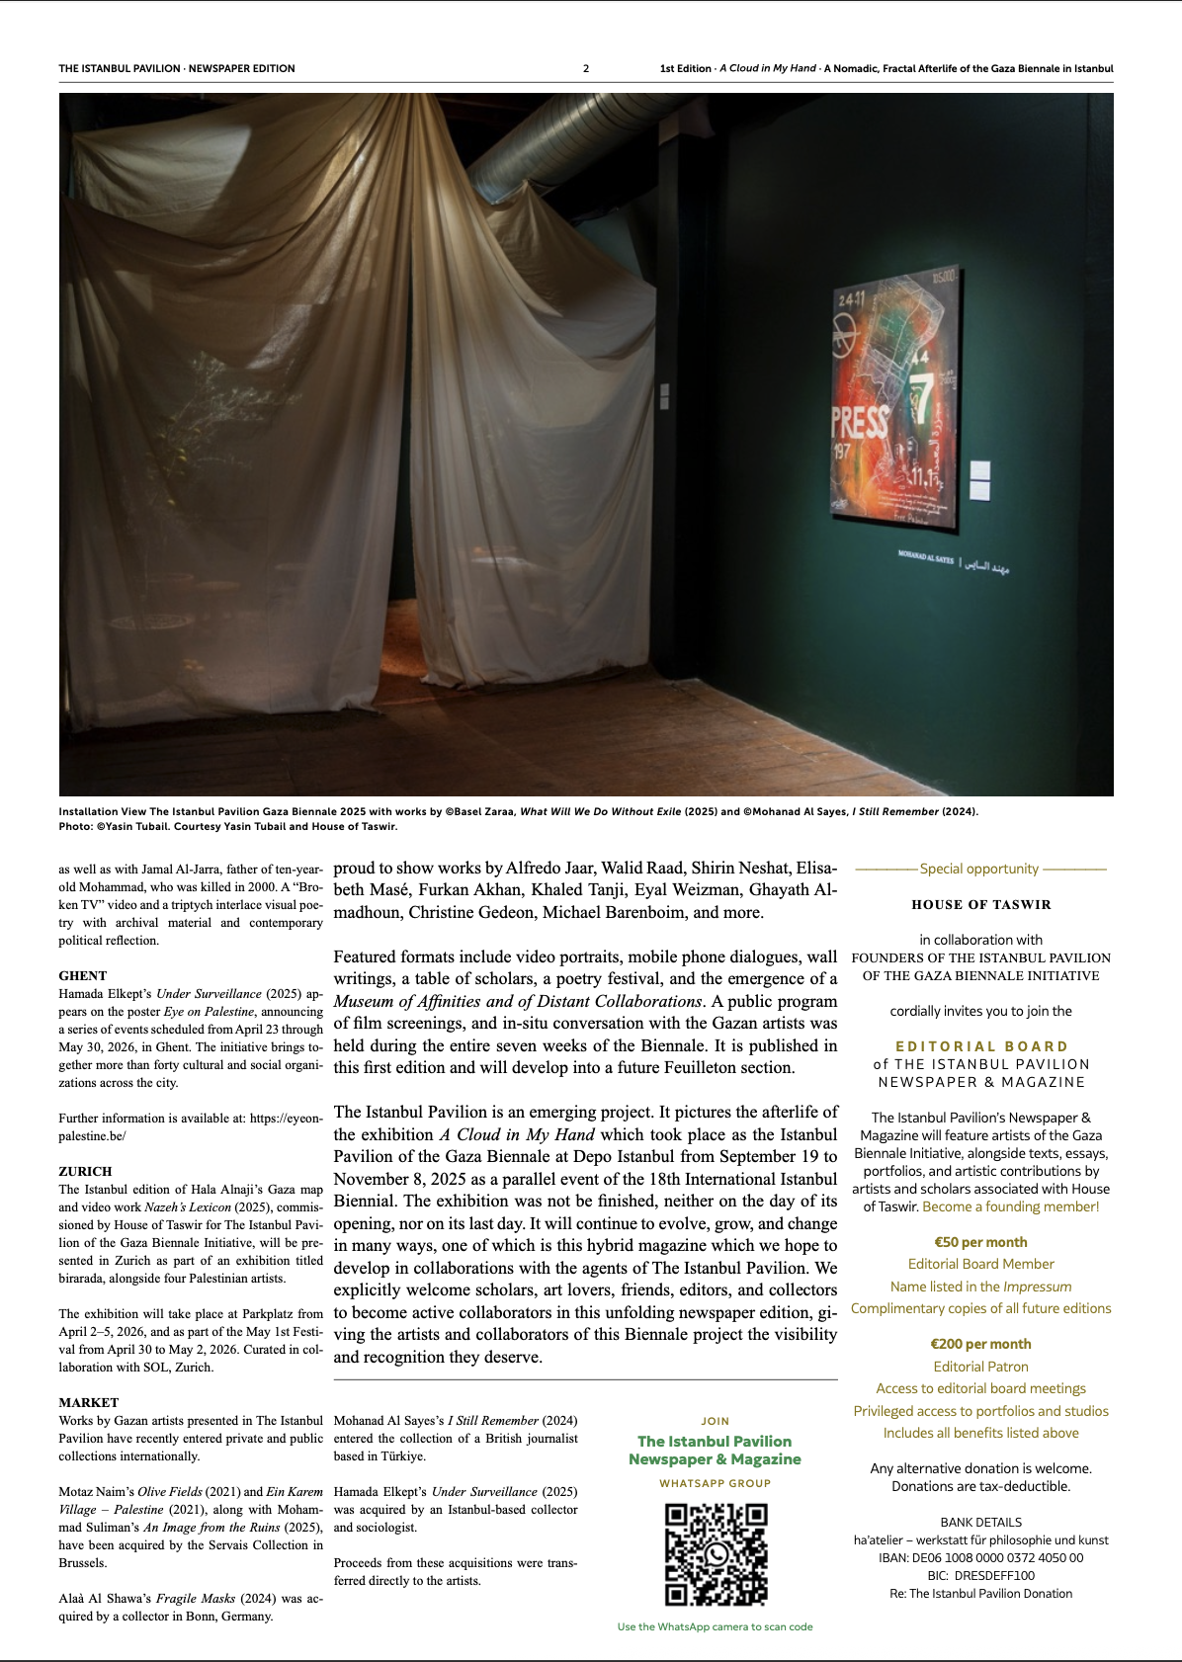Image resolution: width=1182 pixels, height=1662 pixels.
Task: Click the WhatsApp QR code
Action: point(716,1554)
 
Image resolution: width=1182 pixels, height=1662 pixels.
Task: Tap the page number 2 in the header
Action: point(586,68)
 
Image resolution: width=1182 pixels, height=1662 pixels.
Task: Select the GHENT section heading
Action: point(83,975)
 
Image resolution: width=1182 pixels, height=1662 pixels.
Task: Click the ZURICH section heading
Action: point(85,1171)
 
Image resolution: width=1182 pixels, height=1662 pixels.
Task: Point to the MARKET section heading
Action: point(88,1402)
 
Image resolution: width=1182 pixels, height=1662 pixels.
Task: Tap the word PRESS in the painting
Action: point(859,422)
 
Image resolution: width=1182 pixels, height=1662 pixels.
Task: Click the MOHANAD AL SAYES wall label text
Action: point(926,558)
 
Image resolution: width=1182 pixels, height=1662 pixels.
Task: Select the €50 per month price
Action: point(980,1242)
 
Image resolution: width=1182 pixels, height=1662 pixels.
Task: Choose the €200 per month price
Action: point(980,1344)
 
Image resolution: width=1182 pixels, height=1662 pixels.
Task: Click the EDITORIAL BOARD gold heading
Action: point(981,1046)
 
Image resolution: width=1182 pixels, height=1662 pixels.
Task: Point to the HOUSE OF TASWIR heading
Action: point(981,904)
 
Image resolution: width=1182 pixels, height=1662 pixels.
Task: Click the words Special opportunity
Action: point(978,869)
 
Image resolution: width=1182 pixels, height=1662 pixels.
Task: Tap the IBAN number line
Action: point(980,1557)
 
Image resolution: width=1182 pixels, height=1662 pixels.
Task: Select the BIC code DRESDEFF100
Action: point(980,1575)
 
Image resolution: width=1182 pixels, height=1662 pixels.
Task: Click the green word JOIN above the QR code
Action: point(716,1421)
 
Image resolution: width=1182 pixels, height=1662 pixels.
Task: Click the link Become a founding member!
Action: point(1010,1206)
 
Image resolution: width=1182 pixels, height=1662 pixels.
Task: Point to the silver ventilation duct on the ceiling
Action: point(573,148)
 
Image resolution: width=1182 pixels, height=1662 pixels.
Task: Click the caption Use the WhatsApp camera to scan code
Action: point(715,1626)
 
